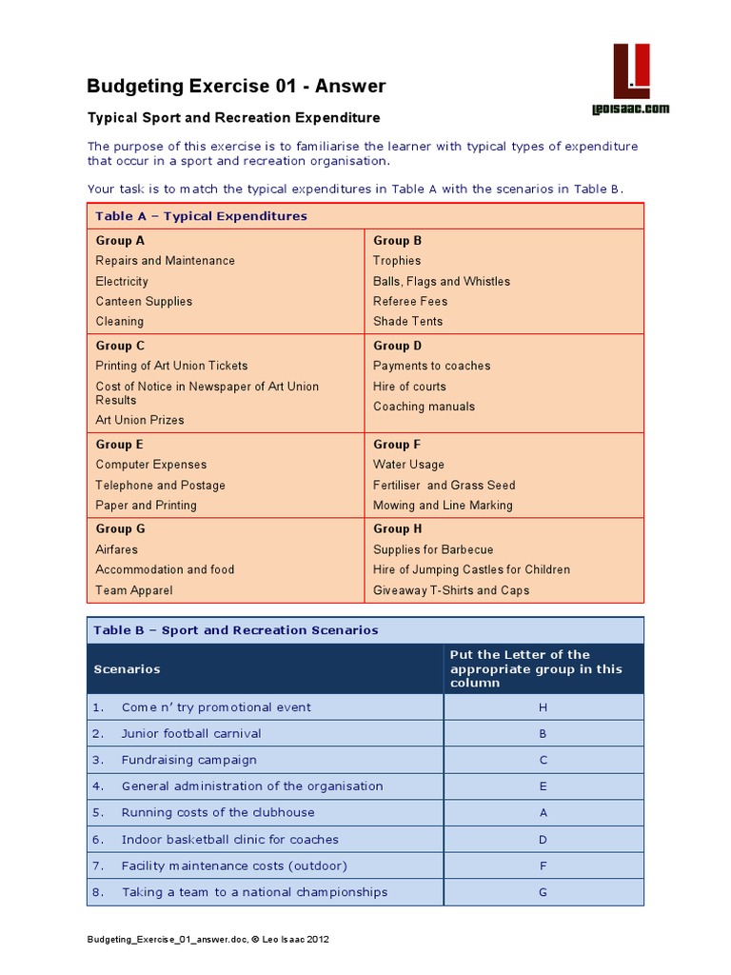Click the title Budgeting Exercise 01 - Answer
[236, 86]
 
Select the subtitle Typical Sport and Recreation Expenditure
[233, 118]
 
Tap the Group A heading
[120, 241]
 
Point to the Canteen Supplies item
[144, 301]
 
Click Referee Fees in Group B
[410, 301]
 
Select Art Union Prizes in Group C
[140, 420]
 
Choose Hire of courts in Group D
[409, 387]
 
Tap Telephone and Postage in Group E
[160, 485]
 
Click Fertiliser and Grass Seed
[444, 485]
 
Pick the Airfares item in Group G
[116, 549]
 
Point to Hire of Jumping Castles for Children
[471, 569]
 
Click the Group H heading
[398, 528]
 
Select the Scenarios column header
[127, 669]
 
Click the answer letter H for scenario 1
[543, 707]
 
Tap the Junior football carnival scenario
[190, 733]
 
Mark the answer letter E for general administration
[543, 786]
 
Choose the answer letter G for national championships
[543, 892]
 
